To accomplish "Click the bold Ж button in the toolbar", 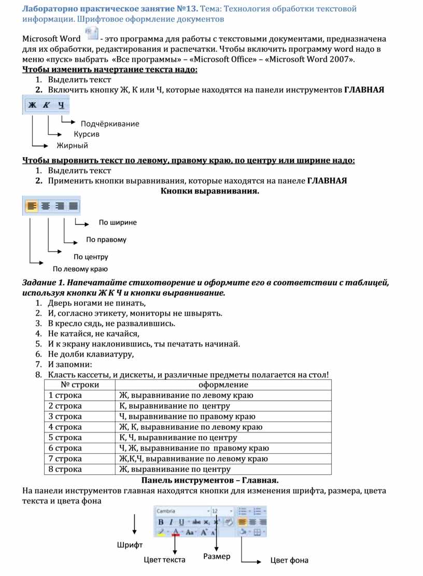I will pos(33,105).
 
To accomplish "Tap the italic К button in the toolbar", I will pos(47,105).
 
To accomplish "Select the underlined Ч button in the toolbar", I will pos(62,105).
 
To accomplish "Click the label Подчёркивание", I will pos(110,124).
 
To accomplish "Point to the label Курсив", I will pos(87,134).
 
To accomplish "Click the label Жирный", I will pos(73,146).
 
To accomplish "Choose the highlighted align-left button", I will pos(32,206).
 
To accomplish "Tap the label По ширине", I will pos(118,222).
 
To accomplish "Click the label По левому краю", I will pos(80,269).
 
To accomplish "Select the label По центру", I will pos(91,257).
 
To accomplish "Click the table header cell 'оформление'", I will pos(223,385).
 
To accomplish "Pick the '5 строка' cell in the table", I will pos(65,438).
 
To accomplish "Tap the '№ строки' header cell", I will pos(80,385).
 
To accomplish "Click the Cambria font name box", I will pos(181,511).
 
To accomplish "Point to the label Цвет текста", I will pos(164,560).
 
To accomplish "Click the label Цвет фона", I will pos(289,560).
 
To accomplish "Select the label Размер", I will pos(217,556).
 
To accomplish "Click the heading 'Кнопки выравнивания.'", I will pos(209,191).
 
